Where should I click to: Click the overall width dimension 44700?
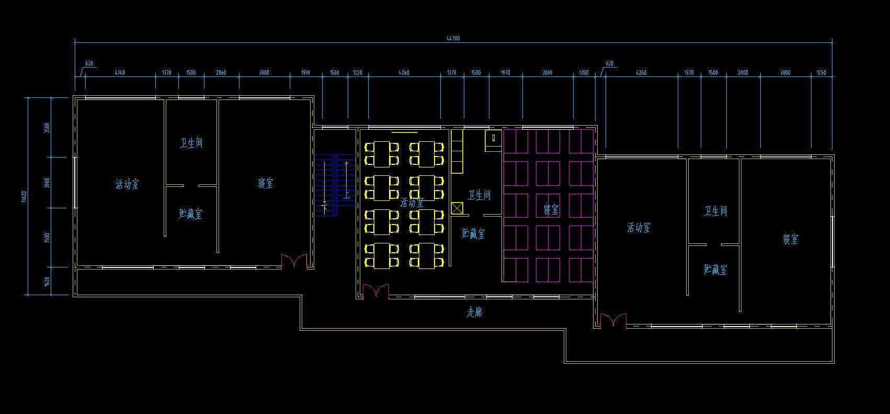453,38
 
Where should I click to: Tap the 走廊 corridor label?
474,312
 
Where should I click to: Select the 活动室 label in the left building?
127,184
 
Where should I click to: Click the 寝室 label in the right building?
790,239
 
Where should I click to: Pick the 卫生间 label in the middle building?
479,195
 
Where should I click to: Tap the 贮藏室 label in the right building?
715,270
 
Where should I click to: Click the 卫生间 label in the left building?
191,143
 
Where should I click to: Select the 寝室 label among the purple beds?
551,210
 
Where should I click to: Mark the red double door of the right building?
613,320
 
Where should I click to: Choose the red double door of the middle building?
376,291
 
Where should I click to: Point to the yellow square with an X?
457,208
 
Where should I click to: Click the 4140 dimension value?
120,73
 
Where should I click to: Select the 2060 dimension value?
221,73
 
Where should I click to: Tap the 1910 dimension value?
305,73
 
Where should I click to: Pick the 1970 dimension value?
505,73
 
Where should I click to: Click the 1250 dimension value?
821,73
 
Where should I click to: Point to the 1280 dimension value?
584,73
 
